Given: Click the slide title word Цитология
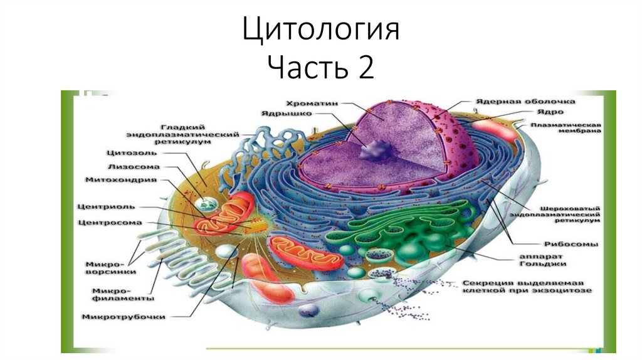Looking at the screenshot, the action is tap(320, 31).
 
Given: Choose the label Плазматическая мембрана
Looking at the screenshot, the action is tap(566, 128).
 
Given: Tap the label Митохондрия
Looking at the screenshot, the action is tap(121, 180).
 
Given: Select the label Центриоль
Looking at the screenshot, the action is tap(105, 206).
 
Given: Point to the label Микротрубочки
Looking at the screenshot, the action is tap(124, 317).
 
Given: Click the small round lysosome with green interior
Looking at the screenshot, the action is tap(205, 205).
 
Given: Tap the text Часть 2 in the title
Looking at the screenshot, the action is tap(320, 67).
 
